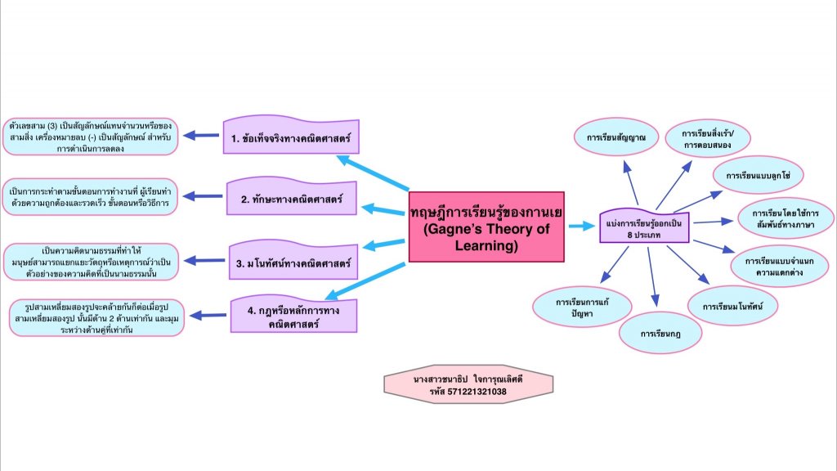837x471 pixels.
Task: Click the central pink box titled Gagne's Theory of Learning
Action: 486,227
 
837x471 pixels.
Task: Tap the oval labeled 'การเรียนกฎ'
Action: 660,334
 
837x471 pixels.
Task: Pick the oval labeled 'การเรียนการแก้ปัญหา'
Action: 583,307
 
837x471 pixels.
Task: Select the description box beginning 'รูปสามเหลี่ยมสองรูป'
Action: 96,317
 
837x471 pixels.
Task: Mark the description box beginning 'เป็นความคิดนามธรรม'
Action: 91,261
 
